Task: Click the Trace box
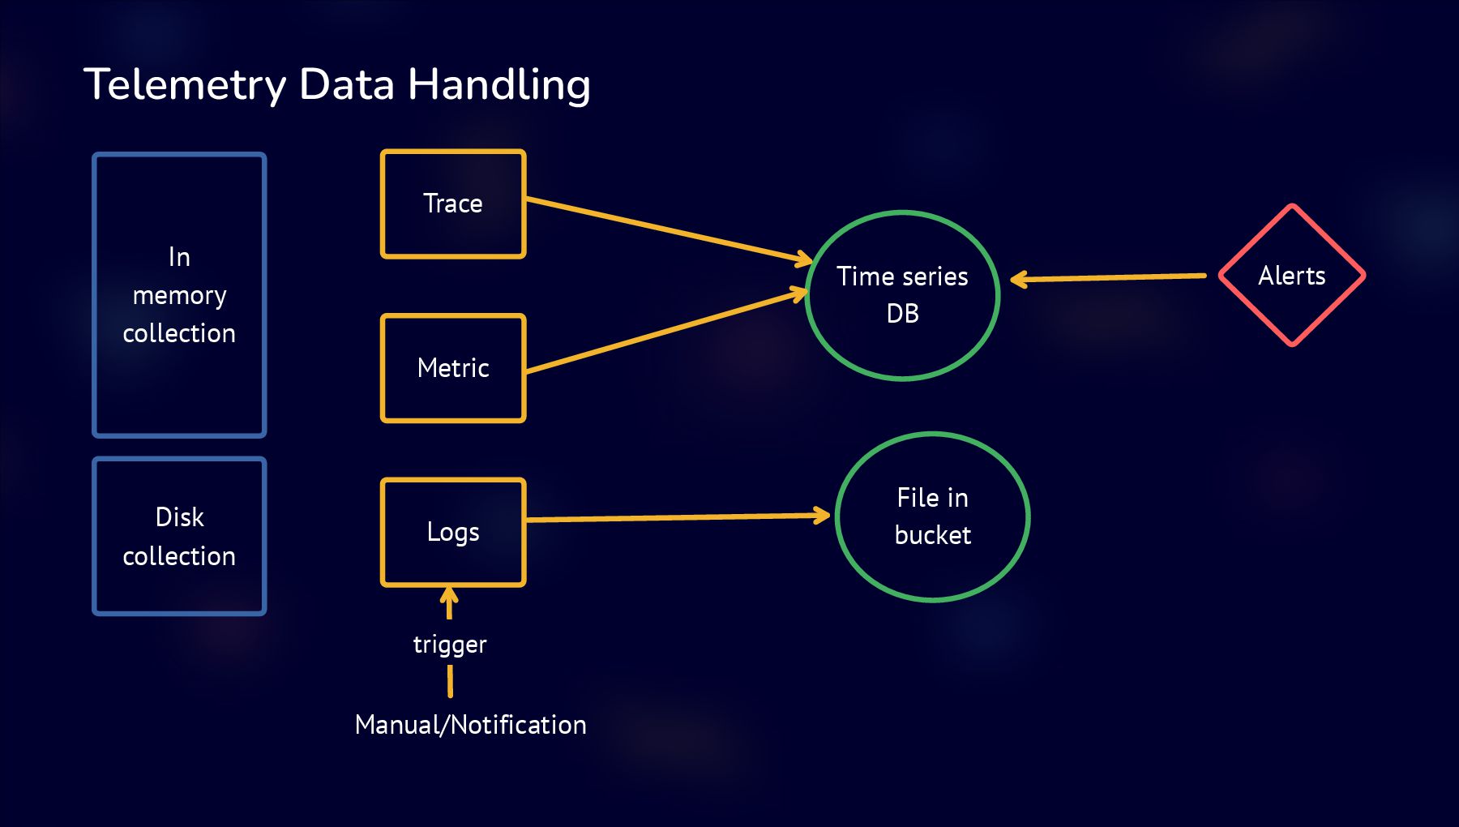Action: pyautogui.click(x=453, y=204)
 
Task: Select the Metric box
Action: pyautogui.click(x=453, y=368)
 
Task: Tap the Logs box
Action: pyautogui.click(x=453, y=532)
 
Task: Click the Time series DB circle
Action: pyautogui.click(x=902, y=295)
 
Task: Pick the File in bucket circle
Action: pyautogui.click(x=932, y=516)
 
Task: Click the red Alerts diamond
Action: pyautogui.click(x=1292, y=276)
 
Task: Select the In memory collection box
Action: pyautogui.click(x=179, y=295)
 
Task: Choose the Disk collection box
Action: pyautogui.click(x=179, y=536)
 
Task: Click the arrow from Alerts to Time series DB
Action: pyautogui.click(x=1110, y=277)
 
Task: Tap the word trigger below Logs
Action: pyautogui.click(x=450, y=645)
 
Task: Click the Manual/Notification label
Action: pyautogui.click(x=470, y=724)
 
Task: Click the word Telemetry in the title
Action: pyautogui.click(x=185, y=85)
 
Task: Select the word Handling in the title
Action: pyautogui.click(x=498, y=85)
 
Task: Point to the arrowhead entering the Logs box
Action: pyautogui.click(x=449, y=598)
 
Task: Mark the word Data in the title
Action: pyautogui.click(x=346, y=84)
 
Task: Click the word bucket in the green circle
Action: pyautogui.click(x=932, y=535)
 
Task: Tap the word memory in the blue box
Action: pyautogui.click(x=179, y=296)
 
